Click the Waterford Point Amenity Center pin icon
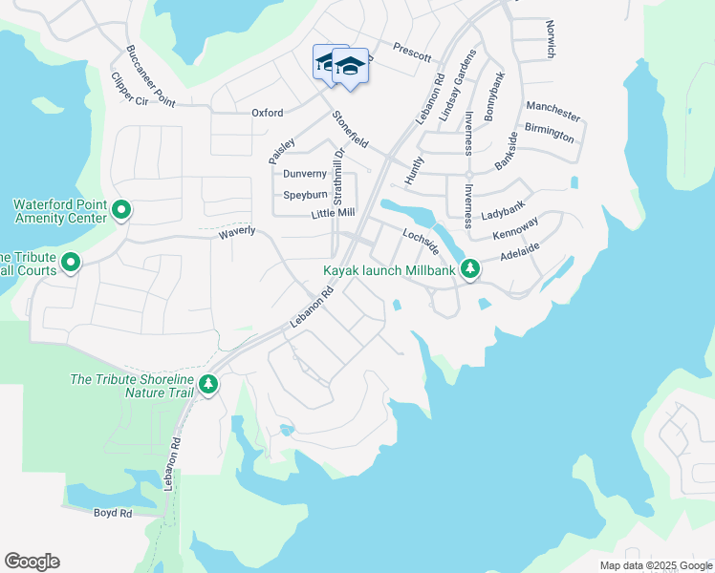point(121,209)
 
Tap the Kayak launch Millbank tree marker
point(469,270)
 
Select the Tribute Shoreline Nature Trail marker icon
point(207,384)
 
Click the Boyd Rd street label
point(113,513)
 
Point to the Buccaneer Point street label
point(150,74)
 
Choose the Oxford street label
point(268,113)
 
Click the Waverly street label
point(237,232)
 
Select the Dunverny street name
point(305,174)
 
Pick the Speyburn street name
point(305,195)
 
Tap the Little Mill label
point(333,213)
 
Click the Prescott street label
point(412,53)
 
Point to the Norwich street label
point(550,39)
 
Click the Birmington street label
point(550,133)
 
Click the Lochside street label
point(421,240)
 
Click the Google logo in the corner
point(32,562)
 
